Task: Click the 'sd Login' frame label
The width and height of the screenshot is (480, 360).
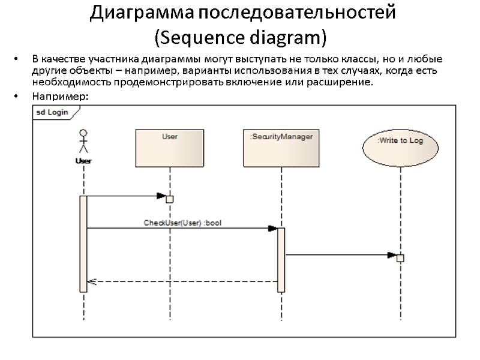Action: tap(51, 112)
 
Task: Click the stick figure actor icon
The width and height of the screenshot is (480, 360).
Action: tap(83, 142)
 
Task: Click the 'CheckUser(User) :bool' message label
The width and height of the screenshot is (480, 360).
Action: tap(183, 223)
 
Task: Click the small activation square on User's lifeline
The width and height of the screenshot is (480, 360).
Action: tap(170, 199)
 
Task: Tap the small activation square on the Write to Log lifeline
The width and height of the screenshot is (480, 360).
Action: tap(401, 258)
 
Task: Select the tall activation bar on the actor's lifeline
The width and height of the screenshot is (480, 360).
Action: tap(83, 243)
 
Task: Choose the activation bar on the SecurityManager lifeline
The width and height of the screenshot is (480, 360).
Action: tap(281, 259)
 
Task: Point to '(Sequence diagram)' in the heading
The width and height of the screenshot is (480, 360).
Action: tap(241, 37)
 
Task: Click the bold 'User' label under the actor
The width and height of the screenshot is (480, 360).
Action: tap(83, 161)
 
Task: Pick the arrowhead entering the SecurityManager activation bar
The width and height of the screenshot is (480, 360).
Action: tap(272, 228)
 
